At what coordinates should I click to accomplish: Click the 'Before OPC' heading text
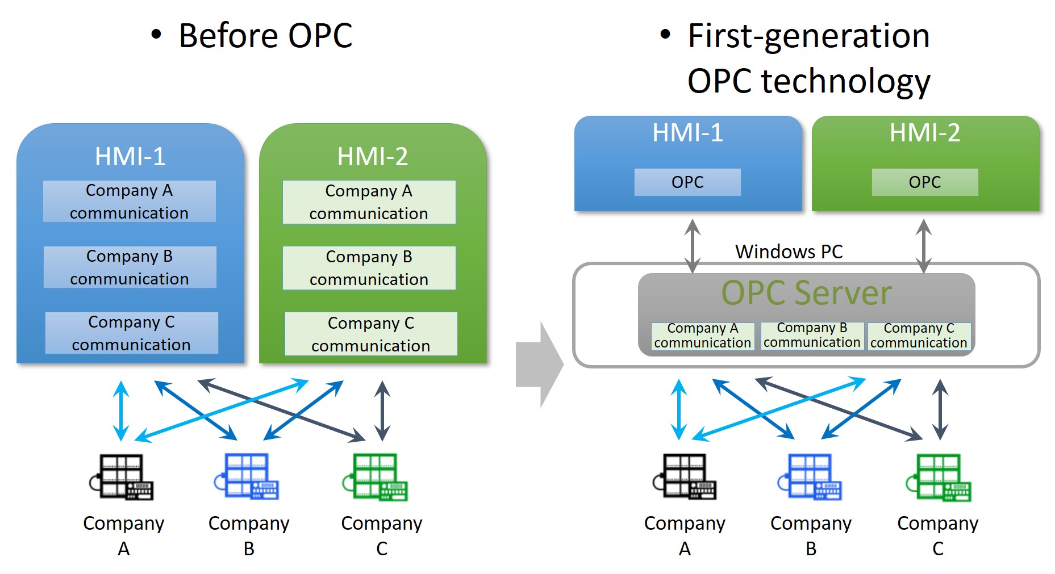[x=265, y=35]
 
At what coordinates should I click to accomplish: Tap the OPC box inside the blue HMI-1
[x=687, y=182]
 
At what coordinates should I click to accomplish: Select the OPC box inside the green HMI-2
[x=924, y=182]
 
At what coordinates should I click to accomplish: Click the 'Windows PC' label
[x=789, y=252]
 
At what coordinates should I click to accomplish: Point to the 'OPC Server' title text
[x=806, y=293]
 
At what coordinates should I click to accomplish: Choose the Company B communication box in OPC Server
[x=812, y=336]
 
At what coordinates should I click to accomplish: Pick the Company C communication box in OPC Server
[x=919, y=336]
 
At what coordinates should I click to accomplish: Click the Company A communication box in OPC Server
[x=702, y=336]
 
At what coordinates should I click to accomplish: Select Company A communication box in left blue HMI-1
[x=129, y=202]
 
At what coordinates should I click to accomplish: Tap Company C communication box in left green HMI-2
[x=370, y=334]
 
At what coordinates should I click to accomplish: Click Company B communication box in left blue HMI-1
[x=130, y=267]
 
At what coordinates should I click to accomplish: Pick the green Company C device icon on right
[x=939, y=477]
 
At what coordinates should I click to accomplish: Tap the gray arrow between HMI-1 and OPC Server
[x=692, y=245]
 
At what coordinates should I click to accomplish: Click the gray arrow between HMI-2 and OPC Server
[x=924, y=245]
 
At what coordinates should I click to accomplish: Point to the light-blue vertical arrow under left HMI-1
[x=121, y=410]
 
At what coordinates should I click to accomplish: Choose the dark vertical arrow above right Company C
[x=940, y=409]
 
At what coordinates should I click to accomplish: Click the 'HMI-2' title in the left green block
[x=372, y=156]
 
